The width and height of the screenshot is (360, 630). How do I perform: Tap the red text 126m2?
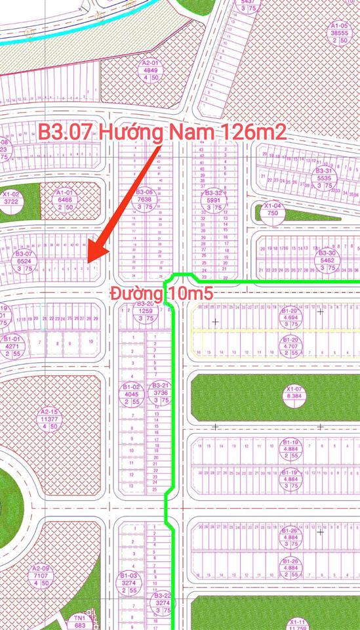pos(255,132)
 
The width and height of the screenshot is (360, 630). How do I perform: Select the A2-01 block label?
pos(151,69)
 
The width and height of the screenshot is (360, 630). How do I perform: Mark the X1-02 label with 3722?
pos(12,199)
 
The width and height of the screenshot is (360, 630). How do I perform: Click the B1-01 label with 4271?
pos(13,346)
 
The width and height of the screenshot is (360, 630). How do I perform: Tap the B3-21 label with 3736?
pos(161,392)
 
